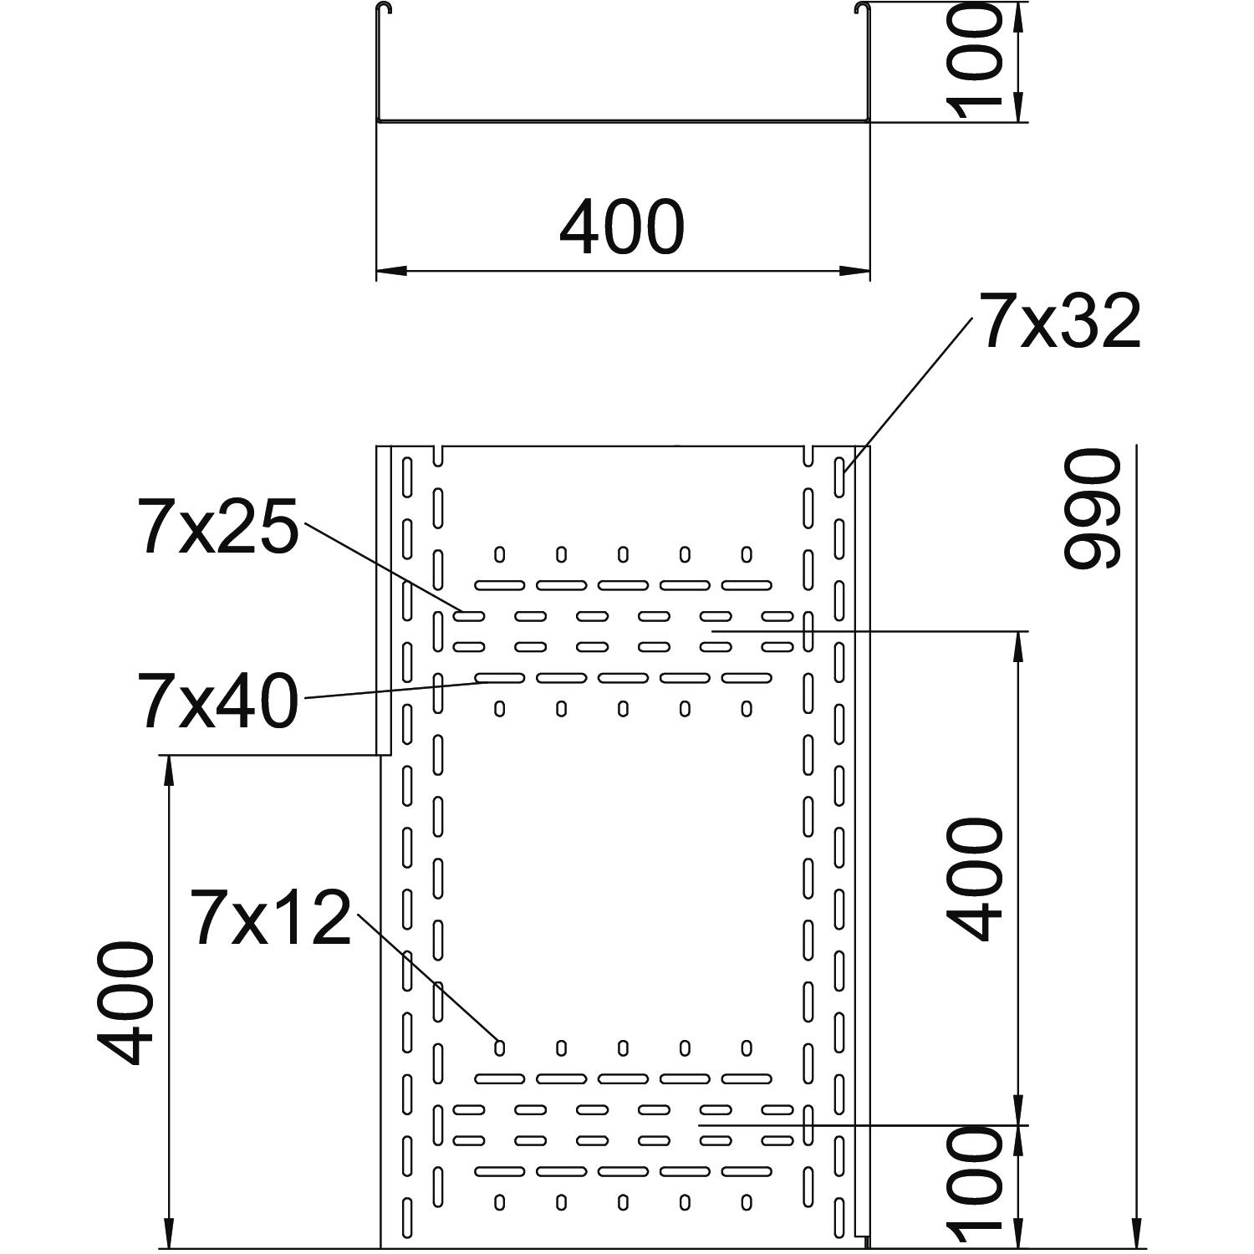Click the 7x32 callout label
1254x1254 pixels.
(1060, 322)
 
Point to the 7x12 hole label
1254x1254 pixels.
(271, 918)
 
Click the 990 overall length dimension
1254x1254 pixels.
(1090, 507)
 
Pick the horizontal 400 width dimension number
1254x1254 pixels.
(622, 227)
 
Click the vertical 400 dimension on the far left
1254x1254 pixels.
(125, 1003)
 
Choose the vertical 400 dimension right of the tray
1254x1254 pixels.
(973, 879)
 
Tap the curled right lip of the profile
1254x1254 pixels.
(860, 10)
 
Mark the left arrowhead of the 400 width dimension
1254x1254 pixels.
(390, 271)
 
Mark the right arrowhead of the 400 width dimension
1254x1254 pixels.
(855, 271)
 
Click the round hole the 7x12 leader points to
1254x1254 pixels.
(500, 1047)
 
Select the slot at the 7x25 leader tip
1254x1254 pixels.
(469, 617)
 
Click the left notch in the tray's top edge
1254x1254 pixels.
(438, 455)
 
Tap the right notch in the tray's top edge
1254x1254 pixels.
(809, 455)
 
